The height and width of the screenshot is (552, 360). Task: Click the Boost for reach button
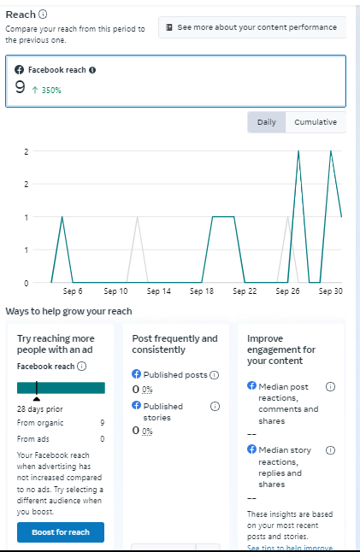[61, 532]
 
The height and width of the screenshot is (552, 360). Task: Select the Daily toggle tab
[266, 122]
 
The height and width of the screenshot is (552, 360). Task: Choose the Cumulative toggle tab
[316, 122]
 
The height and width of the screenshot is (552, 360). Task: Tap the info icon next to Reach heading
[43, 15]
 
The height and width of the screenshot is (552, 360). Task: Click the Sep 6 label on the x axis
[73, 291]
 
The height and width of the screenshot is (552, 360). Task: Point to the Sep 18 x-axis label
[202, 291]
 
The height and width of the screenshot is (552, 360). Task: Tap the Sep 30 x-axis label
[330, 291]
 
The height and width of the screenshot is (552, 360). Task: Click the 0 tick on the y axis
[26, 283]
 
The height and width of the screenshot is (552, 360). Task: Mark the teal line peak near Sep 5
[62, 217]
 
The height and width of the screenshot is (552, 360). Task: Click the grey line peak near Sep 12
[138, 217]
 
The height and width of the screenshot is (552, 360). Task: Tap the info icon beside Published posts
[214, 375]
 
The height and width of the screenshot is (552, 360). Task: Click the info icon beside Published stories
[215, 406]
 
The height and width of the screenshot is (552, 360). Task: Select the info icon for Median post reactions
[330, 386]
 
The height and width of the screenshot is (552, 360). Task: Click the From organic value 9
[102, 422]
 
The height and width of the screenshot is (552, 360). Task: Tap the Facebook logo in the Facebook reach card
[20, 70]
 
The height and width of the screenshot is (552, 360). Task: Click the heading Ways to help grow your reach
[68, 311]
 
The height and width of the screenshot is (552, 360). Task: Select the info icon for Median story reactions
[330, 450]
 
